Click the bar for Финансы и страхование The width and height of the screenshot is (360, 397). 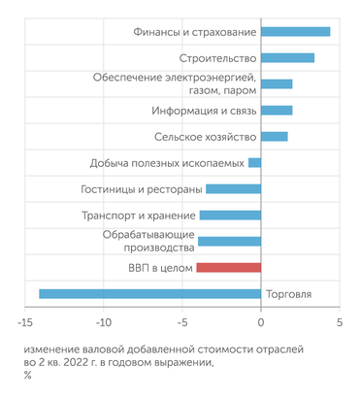pyautogui.click(x=295, y=32)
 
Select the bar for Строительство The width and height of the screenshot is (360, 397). pyautogui.click(x=287, y=58)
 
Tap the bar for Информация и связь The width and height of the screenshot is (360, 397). pyautogui.click(x=277, y=111)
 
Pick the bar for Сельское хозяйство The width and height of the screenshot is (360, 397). pyautogui.click(x=275, y=137)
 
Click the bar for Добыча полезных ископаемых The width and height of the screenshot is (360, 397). pyautogui.click(x=254, y=162)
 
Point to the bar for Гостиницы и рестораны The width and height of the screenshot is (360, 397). pyautogui.click(x=233, y=188)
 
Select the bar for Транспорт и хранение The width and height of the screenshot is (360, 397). pyautogui.click(x=230, y=215)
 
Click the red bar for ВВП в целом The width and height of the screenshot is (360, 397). pyautogui.click(x=228, y=267)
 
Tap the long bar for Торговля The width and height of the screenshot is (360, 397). pyautogui.click(x=149, y=293)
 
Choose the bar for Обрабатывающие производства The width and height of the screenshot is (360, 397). pyautogui.click(x=229, y=241)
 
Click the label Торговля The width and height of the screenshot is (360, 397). pyautogui.click(x=288, y=294)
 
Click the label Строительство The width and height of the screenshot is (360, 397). pyautogui.click(x=218, y=58)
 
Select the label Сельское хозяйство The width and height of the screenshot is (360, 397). pyautogui.click(x=207, y=137)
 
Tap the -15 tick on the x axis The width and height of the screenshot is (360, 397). pyautogui.click(x=22, y=323)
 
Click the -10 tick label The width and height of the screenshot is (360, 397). pyautogui.click(x=102, y=323)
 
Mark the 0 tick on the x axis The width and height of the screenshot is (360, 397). pyautogui.click(x=261, y=323)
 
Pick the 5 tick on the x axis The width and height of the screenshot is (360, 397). pyautogui.click(x=340, y=323)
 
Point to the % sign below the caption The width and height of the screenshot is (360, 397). pyautogui.click(x=28, y=376)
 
